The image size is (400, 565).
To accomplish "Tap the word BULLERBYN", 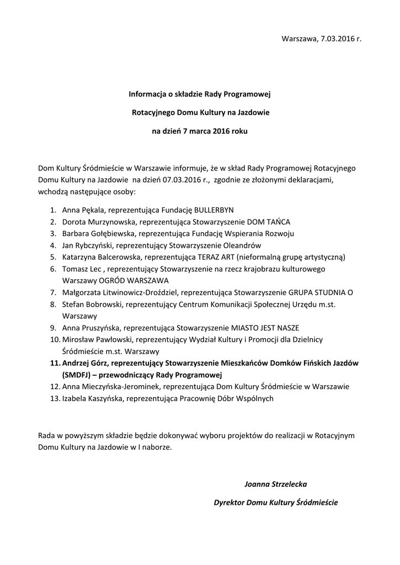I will [x=214, y=210].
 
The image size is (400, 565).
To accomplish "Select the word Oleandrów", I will [x=242, y=245].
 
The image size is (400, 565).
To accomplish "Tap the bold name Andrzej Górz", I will [x=87, y=363].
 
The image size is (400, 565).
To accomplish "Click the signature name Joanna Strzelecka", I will [x=275, y=484].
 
